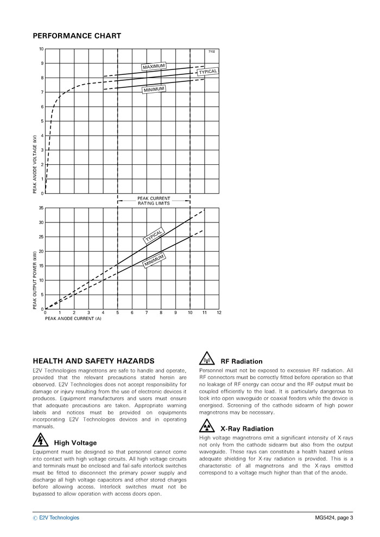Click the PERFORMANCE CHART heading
click(x=77, y=36)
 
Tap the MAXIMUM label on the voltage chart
click(x=154, y=67)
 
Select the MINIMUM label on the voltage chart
click(x=154, y=90)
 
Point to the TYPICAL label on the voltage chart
click(x=208, y=72)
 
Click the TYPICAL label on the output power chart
click(x=154, y=236)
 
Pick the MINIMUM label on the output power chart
click(x=154, y=261)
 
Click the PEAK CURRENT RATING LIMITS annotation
click(x=154, y=201)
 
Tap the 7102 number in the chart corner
click(x=212, y=52)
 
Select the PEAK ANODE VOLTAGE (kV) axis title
click(x=35, y=164)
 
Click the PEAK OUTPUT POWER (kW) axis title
click(x=35, y=280)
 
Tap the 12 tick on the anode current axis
click(x=219, y=313)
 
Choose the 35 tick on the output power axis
click(x=41, y=208)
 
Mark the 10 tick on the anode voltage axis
click(x=41, y=49)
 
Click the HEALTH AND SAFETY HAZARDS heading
click(x=93, y=361)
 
